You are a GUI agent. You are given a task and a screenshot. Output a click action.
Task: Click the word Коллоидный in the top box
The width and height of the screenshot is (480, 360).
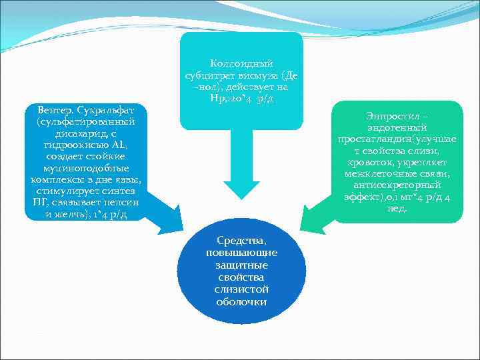[x=242, y=63]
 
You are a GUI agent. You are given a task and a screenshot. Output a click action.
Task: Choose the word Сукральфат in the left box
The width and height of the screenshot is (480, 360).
[x=105, y=109]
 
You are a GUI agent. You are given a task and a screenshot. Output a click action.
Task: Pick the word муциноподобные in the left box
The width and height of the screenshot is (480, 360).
[x=83, y=169]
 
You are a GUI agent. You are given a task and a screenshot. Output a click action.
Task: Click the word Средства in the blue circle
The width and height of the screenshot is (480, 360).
[x=242, y=241]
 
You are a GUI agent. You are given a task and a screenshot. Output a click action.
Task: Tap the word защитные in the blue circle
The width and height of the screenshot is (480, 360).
[x=242, y=265]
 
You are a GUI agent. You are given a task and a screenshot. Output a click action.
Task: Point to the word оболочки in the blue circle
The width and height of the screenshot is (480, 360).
[x=242, y=301]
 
